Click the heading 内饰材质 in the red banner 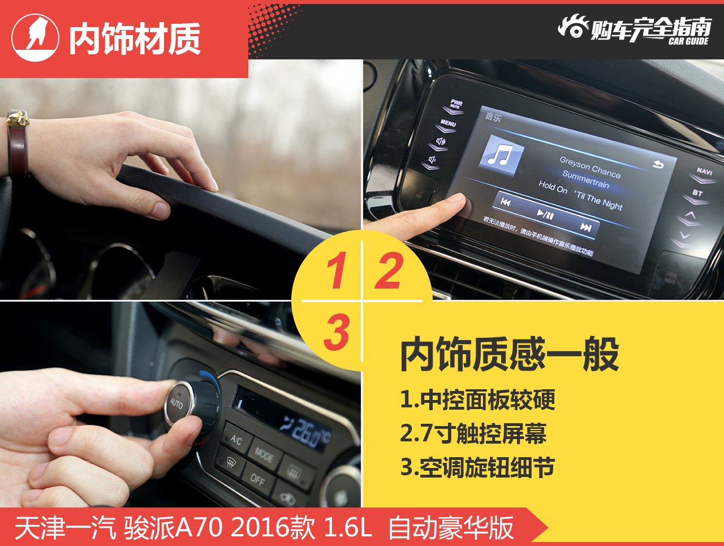[135, 39]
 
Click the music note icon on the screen [501, 154]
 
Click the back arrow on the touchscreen [658, 165]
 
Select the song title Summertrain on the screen [585, 180]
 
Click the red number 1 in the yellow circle [337, 270]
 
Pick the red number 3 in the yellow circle [337, 333]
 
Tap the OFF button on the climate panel [257, 480]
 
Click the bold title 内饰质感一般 [509, 355]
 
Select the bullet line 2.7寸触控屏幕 [473, 434]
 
